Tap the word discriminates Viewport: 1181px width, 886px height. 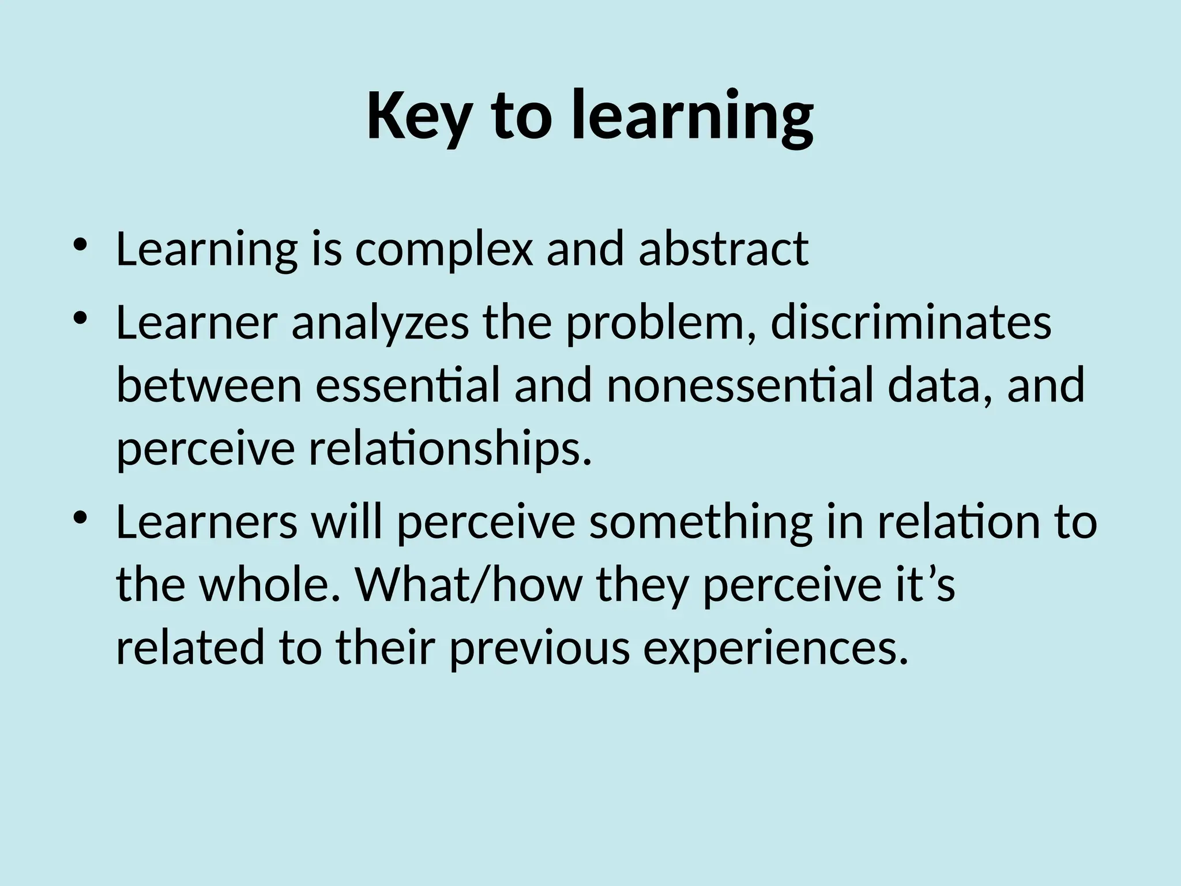pos(911,323)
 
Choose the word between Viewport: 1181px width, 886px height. pos(209,386)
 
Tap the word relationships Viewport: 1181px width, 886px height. pos(450,451)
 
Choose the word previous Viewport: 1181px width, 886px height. pos(540,649)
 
